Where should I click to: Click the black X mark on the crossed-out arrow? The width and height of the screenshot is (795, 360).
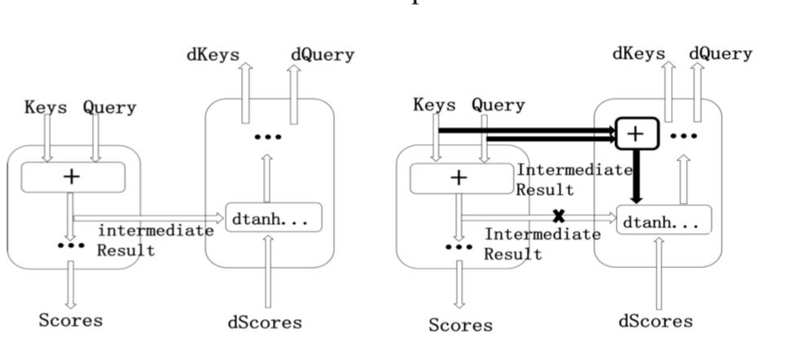point(559,217)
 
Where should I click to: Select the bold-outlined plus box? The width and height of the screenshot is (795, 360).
point(637,133)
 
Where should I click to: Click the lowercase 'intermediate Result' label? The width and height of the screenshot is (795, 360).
point(155,240)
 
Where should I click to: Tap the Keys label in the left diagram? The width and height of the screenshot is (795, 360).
point(46,108)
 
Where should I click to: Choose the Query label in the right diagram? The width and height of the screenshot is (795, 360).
point(499,105)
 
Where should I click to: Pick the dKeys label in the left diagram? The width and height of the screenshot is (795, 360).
point(213,55)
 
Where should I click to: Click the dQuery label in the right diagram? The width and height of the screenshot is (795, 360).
point(720,54)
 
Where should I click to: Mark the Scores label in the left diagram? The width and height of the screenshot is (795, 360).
point(71,320)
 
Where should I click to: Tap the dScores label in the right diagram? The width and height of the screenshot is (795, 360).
point(656,321)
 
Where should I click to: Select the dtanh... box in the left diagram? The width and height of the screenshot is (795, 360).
point(273,218)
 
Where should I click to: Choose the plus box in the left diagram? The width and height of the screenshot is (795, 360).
point(72,177)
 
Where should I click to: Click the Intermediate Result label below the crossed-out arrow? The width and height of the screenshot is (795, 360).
point(542,244)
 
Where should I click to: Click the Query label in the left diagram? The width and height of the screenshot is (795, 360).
point(109,108)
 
